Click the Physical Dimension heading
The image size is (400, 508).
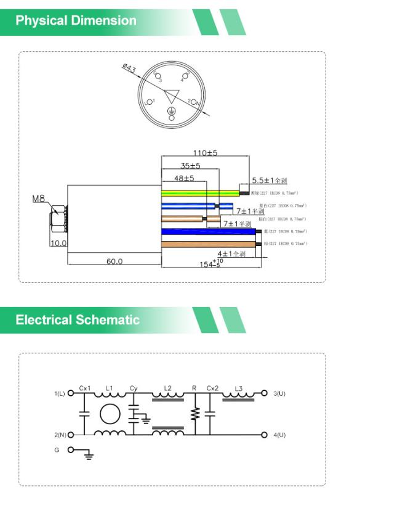76,21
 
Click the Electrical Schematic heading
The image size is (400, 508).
78,320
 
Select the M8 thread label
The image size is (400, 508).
39,199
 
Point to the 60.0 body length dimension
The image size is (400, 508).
114,261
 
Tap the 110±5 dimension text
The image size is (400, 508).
206,153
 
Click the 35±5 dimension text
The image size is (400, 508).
191,166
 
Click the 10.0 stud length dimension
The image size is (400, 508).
58,243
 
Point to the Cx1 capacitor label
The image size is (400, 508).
85,388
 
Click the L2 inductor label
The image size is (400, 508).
168,388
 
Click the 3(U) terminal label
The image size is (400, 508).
279,393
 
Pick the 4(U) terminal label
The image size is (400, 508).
279,435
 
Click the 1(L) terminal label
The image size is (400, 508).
60,393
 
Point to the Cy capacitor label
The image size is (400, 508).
134,388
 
